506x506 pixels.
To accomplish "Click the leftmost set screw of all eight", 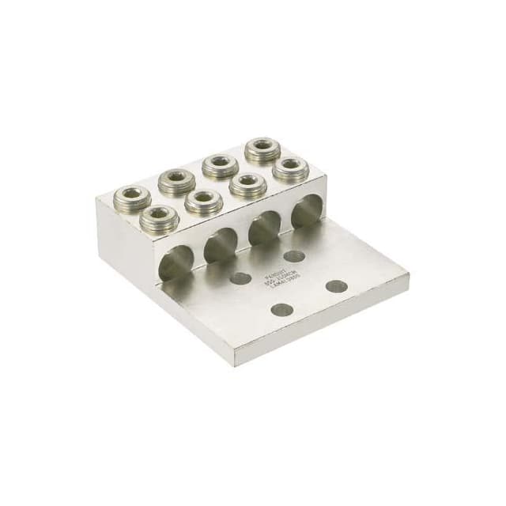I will pyautogui.click(x=132, y=196).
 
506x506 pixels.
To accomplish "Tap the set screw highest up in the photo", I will pyautogui.click(x=260, y=148).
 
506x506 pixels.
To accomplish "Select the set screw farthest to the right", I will pyautogui.click(x=290, y=167).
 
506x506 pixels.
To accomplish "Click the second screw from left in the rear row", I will pyautogui.click(x=176, y=180).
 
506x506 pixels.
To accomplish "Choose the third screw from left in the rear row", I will pyautogui.click(x=219, y=164).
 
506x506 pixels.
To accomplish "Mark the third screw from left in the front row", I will pyautogui.click(x=247, y=183).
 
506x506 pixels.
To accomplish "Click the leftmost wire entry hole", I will pyautogui.click(x=176, y=264).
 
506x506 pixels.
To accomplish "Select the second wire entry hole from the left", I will pyautogui.click(x=221, y=247).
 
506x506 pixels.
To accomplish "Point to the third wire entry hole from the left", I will pyautogui.click(x=263, y=230).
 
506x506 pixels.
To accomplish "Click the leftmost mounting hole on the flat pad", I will pyautogui.click(x=240, y=278).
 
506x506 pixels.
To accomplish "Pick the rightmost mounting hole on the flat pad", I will pyautogui.click(x=337, y=285).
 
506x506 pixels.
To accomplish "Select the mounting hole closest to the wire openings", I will pyautogui.click(x=294, y=256).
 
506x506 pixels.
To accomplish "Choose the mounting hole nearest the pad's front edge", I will pyautogui.click(x=281, y=309).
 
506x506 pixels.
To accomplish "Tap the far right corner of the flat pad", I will pyautogui.click(x=408, y=276).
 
